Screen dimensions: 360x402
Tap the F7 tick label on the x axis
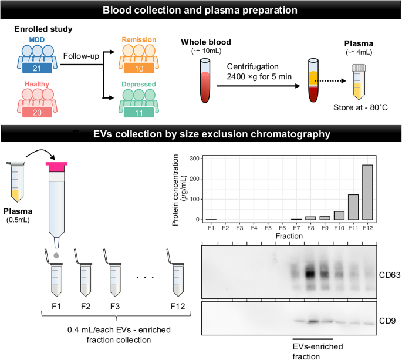[297, 227]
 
